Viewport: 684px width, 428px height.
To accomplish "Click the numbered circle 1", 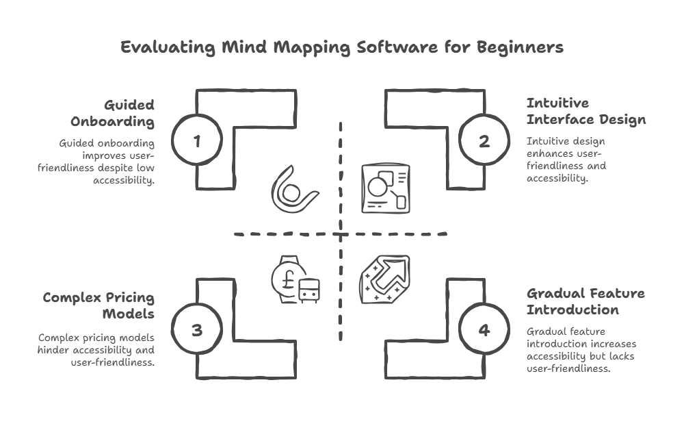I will pos(197,142).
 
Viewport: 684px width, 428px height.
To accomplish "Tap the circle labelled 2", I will pos(484,142).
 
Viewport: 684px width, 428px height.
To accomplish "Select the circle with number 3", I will pos(197,330).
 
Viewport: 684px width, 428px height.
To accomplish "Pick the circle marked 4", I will pos(484,330).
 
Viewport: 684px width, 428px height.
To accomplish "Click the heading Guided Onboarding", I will pos(113,113).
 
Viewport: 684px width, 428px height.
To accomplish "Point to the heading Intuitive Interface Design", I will pos(586,112).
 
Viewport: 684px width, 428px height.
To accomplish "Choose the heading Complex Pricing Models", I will pos(99,305).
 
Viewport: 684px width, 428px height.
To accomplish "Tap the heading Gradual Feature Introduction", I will pos(586,301).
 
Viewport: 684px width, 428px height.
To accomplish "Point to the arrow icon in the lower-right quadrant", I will pos(385,279).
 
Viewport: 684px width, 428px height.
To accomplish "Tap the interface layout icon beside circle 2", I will pos(384,187).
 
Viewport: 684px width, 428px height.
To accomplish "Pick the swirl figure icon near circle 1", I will pos(294,188).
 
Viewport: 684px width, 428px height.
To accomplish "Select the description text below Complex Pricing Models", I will pos(96,350).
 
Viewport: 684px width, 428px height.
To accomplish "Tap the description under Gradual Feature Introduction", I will pos(581,350).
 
